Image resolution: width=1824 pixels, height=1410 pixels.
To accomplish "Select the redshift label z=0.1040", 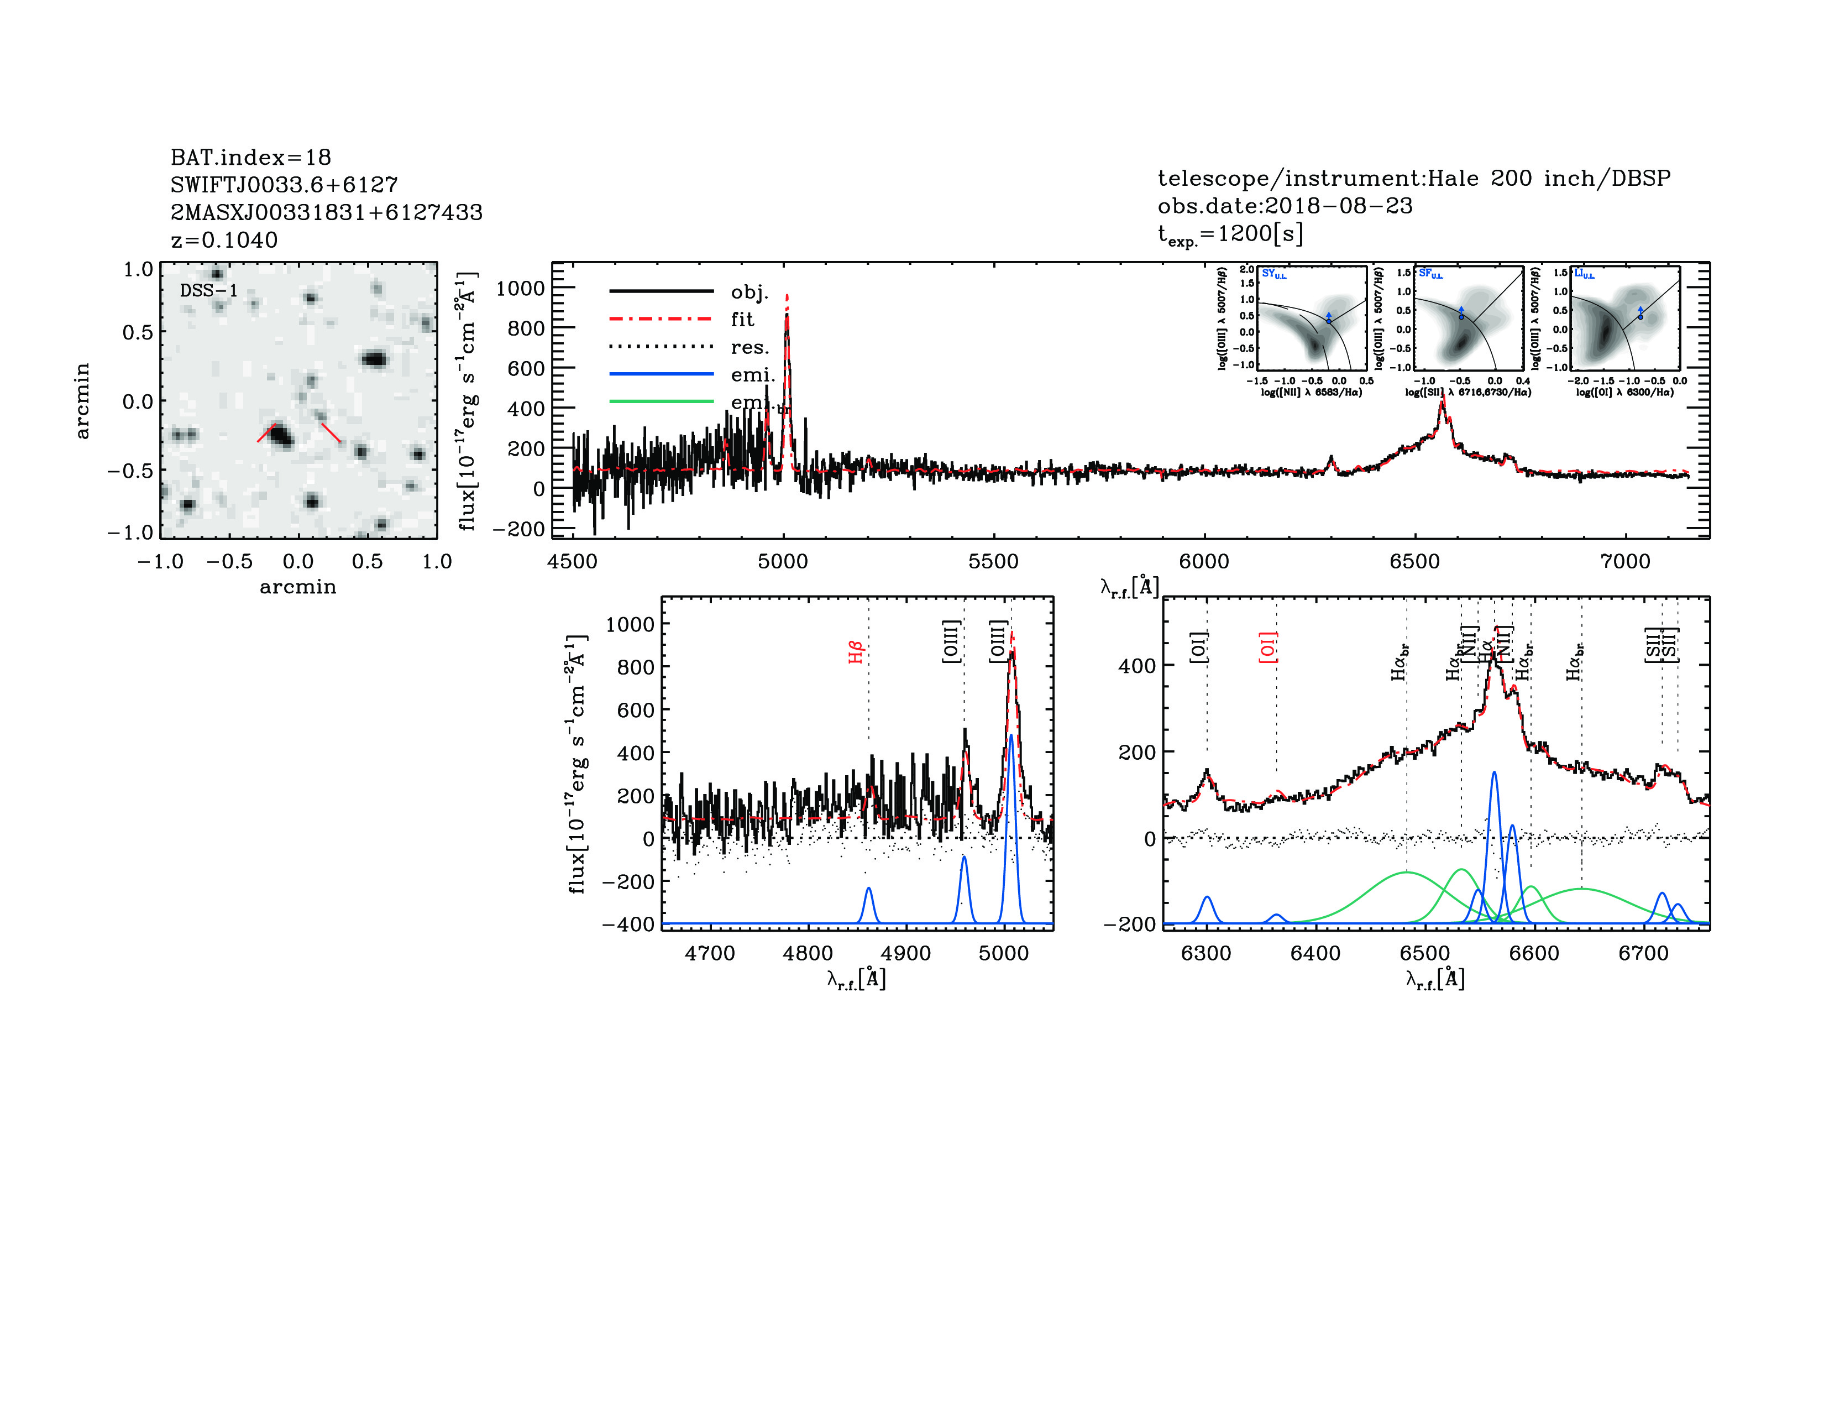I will pos(224,241).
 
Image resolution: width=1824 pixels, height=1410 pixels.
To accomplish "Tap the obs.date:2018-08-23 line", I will pos(1285,206).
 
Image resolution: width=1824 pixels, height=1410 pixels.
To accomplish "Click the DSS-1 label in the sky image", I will pos(209,291).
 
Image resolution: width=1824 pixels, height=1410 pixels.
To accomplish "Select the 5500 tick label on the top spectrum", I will pos(993,561).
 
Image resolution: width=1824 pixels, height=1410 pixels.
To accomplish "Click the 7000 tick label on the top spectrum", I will pos(1624,561).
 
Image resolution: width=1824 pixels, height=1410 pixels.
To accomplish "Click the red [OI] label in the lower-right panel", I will pos(1268,647).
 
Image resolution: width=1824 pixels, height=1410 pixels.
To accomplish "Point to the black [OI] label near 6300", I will pos(1198,647).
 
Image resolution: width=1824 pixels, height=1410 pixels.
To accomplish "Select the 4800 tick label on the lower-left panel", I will pos(808,953).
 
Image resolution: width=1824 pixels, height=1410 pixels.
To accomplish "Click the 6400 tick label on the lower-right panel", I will pos(1315,953).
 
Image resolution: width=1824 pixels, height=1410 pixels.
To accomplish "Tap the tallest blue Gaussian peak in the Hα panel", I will pos(1493,774).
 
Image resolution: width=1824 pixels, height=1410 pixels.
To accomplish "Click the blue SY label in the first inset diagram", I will pos(1273,274).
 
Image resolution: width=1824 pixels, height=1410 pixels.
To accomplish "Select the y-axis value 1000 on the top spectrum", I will pos(520,289).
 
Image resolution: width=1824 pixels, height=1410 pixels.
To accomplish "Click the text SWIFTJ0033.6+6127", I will pos(284,185).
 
